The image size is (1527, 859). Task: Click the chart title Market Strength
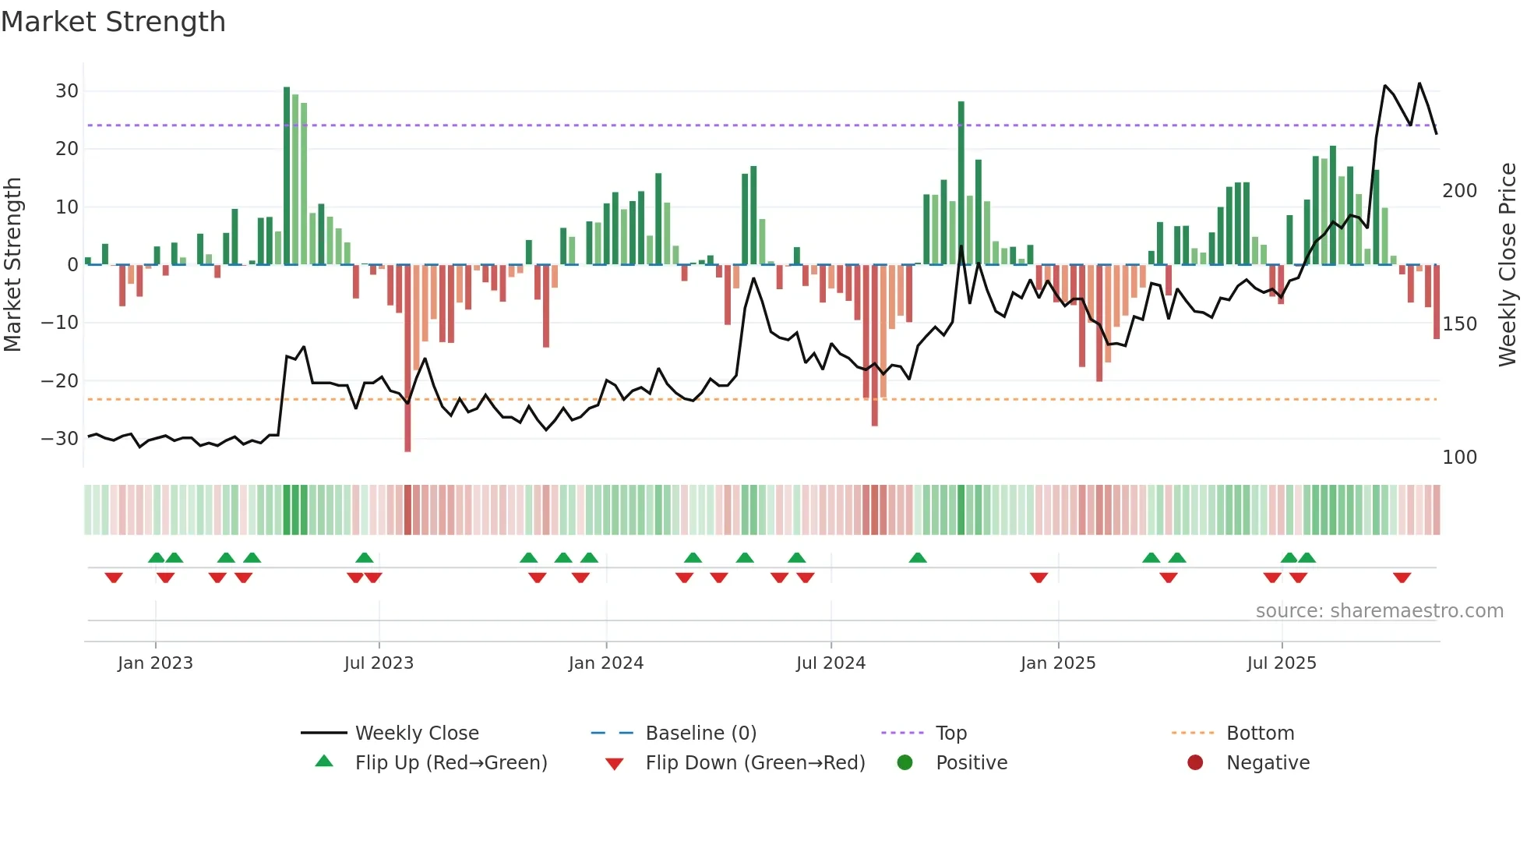click(113, 22)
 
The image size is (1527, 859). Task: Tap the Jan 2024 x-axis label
click(605, 663)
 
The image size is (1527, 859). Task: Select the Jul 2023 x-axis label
click(379, 663)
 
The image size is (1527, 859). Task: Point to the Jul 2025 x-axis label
click(1281, 663)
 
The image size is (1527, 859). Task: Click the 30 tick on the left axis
click(67, 91)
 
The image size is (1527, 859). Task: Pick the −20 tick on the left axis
click(60, 381)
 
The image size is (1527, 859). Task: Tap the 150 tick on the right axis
click(1459, 324)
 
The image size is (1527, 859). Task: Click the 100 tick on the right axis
click(1459, 458)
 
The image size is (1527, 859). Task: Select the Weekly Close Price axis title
click(1508, 265)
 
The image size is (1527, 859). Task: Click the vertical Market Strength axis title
click(12, 265)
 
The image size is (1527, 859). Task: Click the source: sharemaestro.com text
click(1379, 611)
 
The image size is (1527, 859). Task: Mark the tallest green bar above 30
click(287, 175)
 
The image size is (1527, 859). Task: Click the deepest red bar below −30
click(407, 359)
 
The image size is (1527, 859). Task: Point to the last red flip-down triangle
click(1402, 578)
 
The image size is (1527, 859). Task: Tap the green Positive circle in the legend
click(905, 763)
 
